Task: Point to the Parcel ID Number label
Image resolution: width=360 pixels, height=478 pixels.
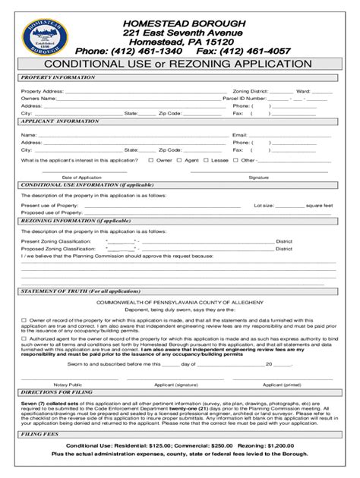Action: [244, 98]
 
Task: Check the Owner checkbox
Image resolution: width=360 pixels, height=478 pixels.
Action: [151, 160]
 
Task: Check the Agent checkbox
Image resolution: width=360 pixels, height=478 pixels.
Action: [179, 160]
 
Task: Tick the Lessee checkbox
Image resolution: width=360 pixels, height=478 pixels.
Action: [206, 160]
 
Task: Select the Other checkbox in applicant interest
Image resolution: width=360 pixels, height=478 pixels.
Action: [235, 160]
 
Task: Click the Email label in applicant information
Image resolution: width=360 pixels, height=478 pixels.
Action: [240, 134]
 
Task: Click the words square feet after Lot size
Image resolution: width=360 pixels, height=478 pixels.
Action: [319, 205]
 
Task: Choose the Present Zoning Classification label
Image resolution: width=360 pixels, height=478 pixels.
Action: [55, 241]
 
